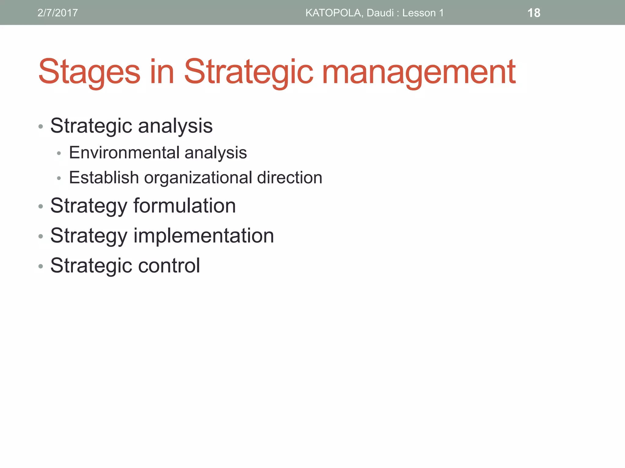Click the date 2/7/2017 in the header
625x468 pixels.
58,13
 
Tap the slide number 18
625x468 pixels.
534,13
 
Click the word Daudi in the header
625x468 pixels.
380,13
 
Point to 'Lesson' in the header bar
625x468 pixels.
419,13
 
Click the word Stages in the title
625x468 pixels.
89,73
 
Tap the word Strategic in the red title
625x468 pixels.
248,73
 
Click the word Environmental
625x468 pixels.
124,153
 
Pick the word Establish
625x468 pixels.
104,178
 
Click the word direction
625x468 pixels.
290,178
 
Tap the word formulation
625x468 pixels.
184,206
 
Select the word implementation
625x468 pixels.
204,236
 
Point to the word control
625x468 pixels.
169,265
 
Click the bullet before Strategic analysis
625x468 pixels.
41,126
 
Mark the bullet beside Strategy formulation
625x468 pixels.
41,207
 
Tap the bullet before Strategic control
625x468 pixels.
41,266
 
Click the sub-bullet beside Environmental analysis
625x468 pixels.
59,153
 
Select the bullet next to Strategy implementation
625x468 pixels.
41,236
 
